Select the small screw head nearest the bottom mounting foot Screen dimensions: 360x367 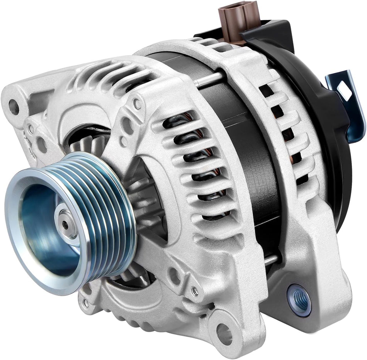tap(195, 292)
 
